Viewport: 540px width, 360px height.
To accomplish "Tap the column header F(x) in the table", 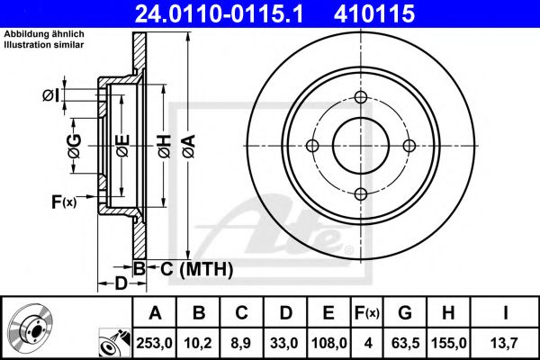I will pos(367,312).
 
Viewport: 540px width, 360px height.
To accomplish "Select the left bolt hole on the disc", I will pos(313,146).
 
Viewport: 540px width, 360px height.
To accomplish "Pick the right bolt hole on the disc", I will pos(409,146).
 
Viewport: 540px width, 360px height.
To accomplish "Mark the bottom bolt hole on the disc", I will pos(361,193).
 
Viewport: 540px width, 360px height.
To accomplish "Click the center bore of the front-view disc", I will pos(361,146).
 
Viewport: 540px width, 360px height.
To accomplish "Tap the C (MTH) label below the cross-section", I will pos(197,268).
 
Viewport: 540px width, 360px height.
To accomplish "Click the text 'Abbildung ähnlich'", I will pos(44,33).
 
